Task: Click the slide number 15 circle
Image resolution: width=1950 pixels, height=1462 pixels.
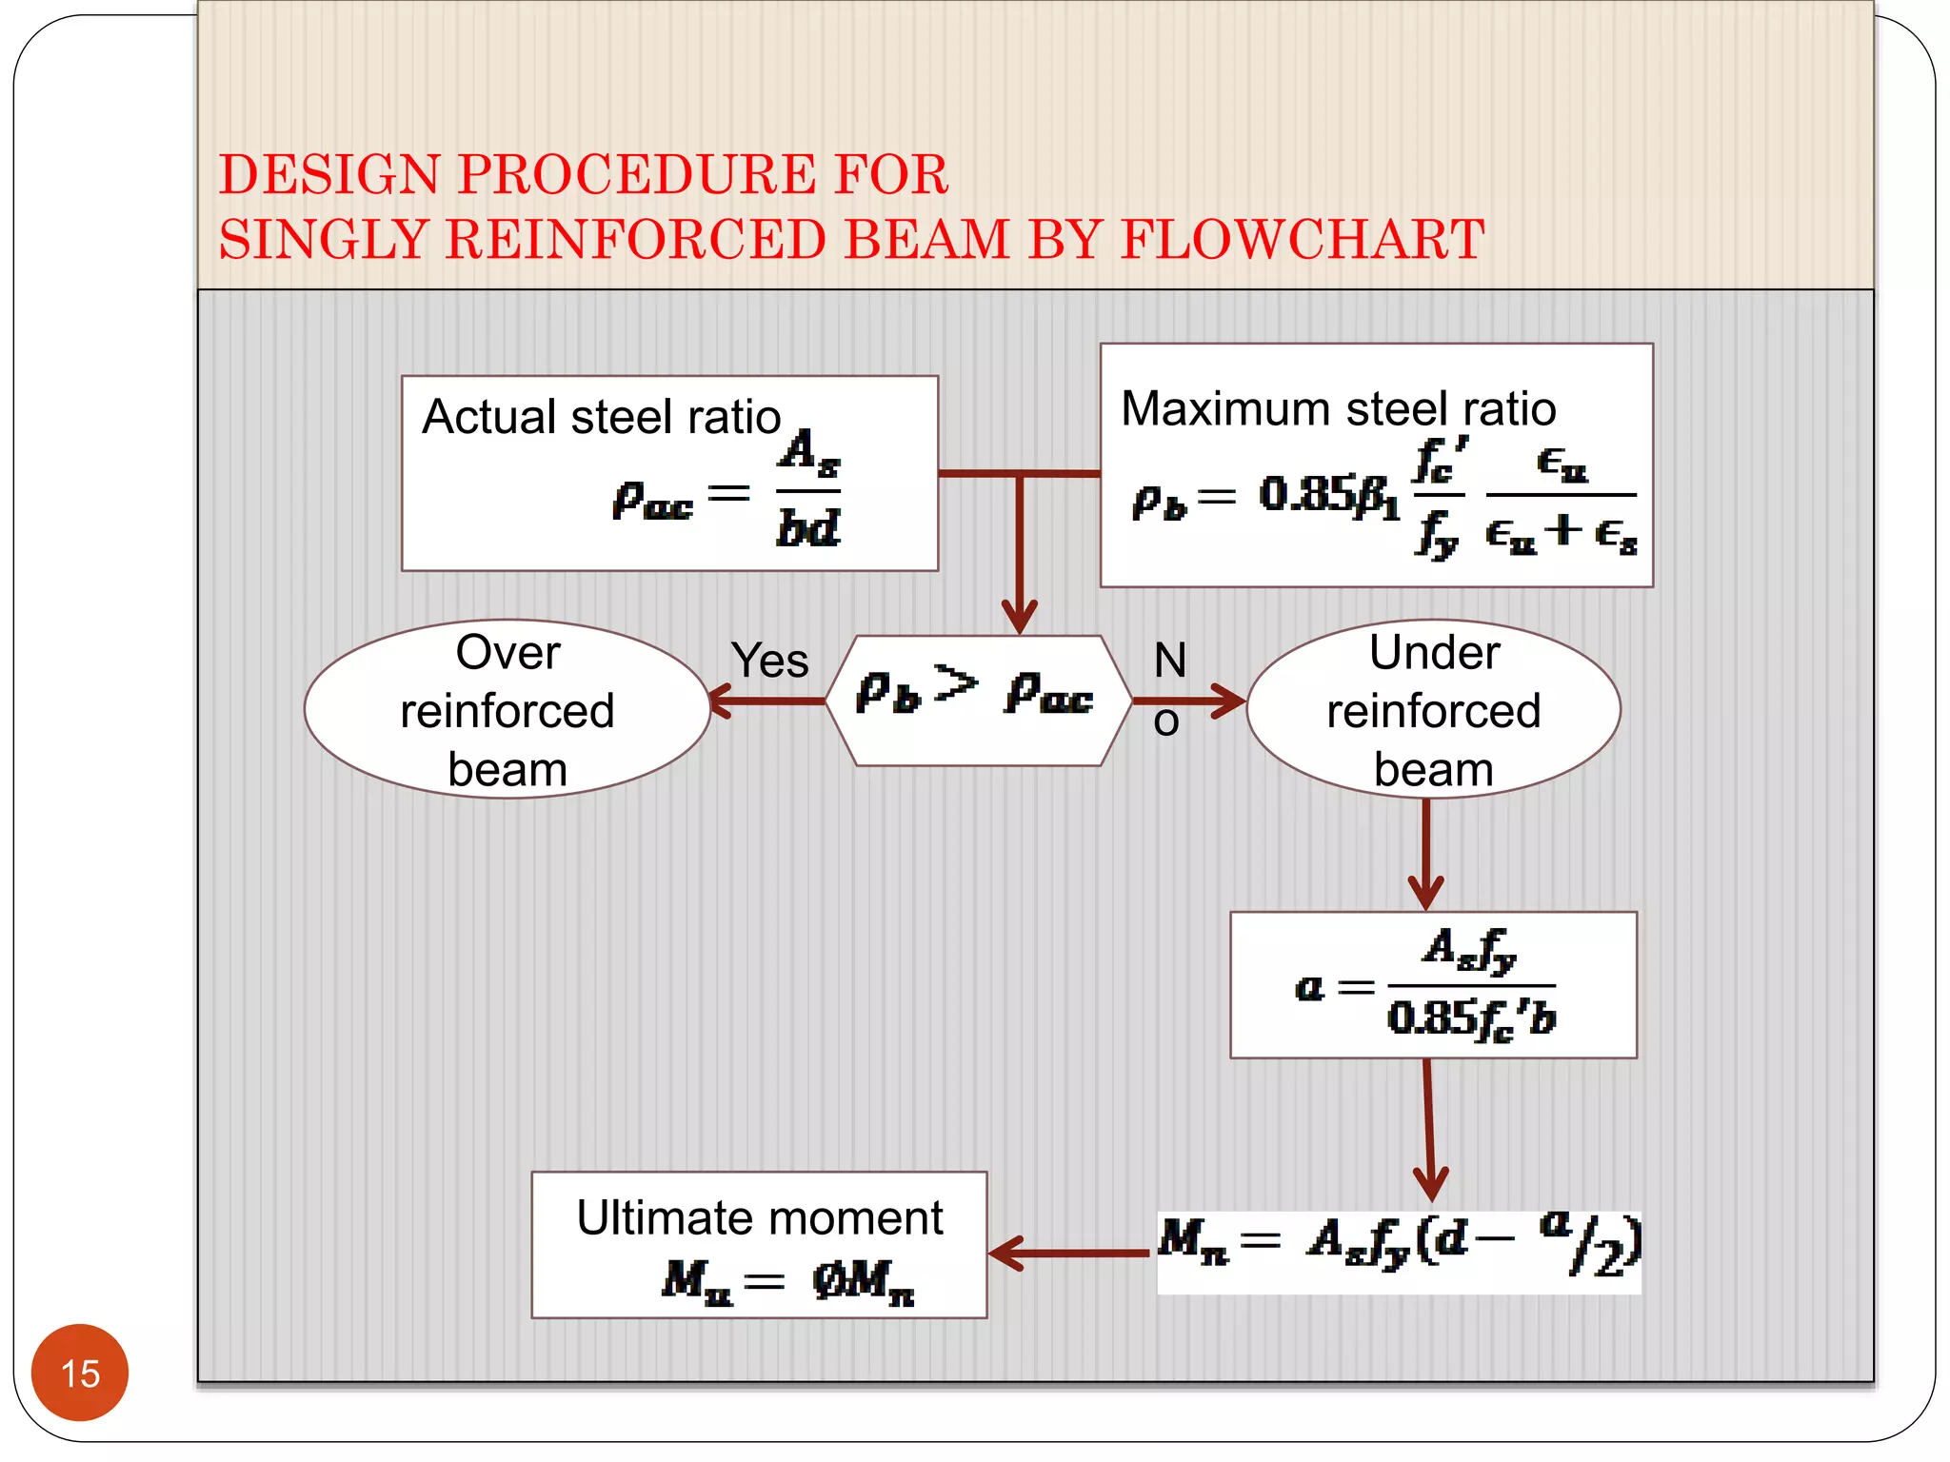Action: pos(80,1372)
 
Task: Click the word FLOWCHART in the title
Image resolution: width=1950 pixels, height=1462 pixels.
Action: pos(1302,239)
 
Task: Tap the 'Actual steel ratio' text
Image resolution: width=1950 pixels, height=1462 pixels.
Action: pos(601,417)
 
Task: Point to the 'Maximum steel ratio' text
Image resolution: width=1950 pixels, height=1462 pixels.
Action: pos(1338,408)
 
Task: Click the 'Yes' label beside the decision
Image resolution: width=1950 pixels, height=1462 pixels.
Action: pos(769,661)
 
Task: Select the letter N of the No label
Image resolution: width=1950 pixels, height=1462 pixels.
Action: pos(1170,660)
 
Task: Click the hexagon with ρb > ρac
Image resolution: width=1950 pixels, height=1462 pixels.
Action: pos(978,700)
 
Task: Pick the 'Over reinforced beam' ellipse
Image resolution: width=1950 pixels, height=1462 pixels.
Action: pos(507,709)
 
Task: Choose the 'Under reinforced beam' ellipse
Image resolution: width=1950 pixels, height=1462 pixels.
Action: pos(1433,709)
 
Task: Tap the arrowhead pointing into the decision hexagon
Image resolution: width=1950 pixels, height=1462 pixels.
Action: pos(1020,614)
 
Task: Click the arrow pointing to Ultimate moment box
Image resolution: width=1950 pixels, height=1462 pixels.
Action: pos(1066,1254)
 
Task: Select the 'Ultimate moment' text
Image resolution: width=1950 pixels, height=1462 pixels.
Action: pos(759,1218)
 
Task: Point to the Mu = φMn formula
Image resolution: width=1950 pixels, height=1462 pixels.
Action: pos(788,1280)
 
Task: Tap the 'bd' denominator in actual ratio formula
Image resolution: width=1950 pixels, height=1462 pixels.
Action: pos(808,528)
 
